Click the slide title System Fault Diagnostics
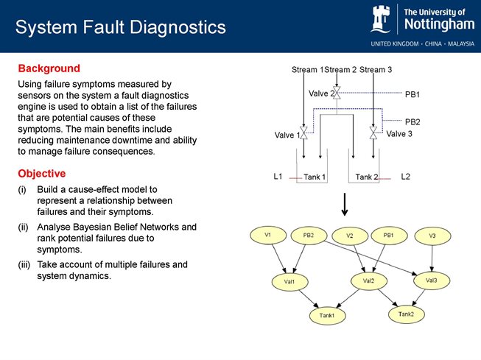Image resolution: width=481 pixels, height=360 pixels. (120, 28)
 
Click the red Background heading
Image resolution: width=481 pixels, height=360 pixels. (49, 68)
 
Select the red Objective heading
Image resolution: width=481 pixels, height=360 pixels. (42, 174)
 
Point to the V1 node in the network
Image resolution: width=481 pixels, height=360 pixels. (268, 235)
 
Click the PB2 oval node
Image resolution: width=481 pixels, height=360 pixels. (309, 236)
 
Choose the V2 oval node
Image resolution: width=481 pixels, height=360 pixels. (350, 236)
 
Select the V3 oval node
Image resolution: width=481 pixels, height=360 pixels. (432, 236)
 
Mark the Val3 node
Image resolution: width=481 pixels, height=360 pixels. (432, 280)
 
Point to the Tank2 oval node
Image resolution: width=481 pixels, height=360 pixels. (406, 314)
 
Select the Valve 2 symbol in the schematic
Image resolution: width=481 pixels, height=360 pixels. (336, 93)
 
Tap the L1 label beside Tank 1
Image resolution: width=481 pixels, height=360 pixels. (278, 177)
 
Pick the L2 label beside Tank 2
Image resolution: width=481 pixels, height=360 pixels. (405, 177)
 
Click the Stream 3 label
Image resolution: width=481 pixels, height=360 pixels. (376, 70)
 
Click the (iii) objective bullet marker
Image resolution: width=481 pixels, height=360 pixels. (24, 264)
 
